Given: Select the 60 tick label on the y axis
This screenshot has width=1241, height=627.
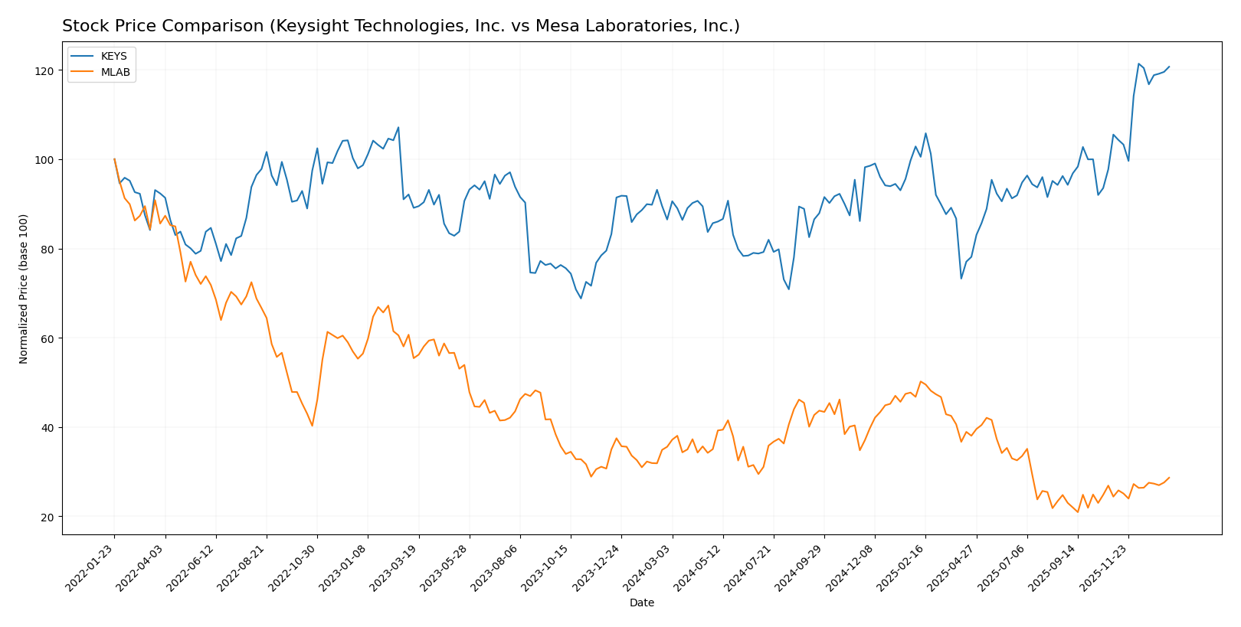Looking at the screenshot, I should click(48, 338).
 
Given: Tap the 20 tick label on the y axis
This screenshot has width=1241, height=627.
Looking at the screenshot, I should click(48, 517).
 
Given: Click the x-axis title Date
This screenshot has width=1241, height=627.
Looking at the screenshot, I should click(641, 603).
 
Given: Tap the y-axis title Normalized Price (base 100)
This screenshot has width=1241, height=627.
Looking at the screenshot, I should click(24, 289).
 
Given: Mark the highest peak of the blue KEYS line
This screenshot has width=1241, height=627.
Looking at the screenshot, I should click(1138, 64).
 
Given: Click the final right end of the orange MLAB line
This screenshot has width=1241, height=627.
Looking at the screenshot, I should click(1169, 478).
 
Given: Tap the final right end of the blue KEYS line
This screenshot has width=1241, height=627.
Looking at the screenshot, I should click(1169, 67).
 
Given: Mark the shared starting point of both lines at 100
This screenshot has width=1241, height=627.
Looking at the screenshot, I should click(114, 159).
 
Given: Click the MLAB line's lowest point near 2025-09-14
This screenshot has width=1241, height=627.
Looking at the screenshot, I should click(1078, 512).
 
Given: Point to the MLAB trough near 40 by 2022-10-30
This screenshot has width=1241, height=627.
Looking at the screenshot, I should click(312, 426).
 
